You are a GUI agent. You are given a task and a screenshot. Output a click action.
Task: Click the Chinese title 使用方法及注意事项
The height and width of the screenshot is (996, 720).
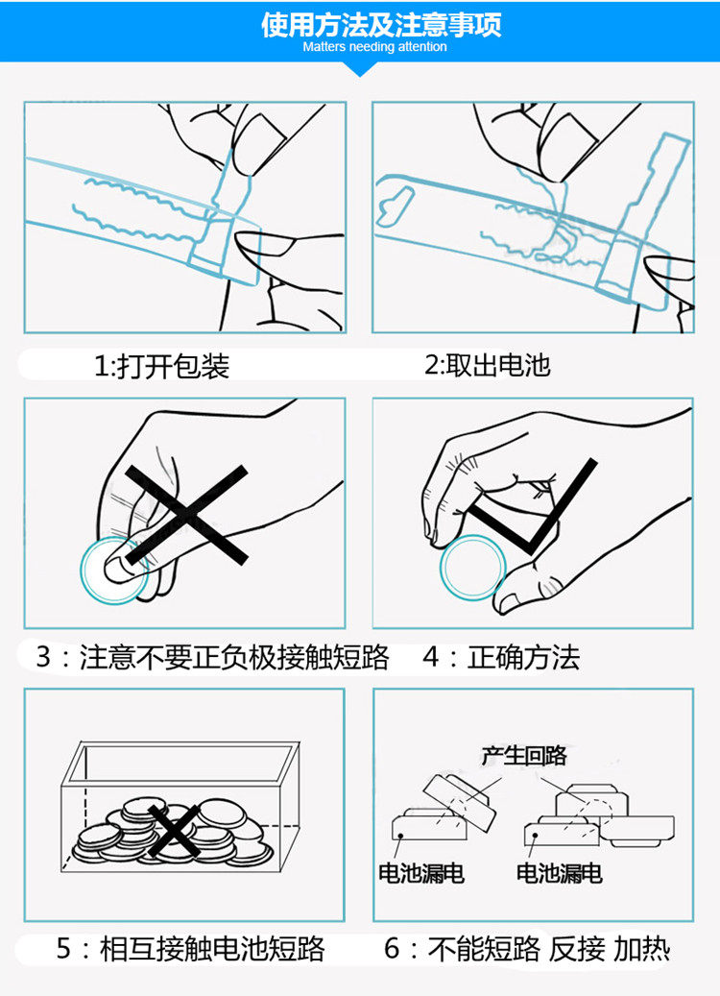[x=381, y=24]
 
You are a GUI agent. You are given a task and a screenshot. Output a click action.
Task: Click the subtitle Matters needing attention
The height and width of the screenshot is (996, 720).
[x=374, y=46]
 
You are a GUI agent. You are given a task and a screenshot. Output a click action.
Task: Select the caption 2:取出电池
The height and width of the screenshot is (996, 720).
[x=488, y=365]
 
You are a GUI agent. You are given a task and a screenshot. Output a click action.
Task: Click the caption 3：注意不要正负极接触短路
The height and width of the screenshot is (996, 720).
[x=212, y=658]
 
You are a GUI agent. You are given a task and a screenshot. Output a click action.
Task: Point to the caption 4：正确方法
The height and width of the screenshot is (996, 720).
[x=501, y=658]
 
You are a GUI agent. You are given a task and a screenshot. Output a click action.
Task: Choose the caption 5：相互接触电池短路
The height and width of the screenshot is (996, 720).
[x=191, y=950]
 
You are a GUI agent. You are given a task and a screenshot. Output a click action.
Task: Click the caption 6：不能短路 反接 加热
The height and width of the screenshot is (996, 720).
[x=527, y=950]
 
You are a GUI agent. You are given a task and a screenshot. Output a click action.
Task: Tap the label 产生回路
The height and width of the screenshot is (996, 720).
[x=524, y=755]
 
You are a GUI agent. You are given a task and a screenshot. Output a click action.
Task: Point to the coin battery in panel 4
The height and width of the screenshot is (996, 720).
[x=471, y=568]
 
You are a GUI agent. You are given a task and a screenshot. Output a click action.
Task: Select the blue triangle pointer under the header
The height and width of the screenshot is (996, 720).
[x=361, y=69]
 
